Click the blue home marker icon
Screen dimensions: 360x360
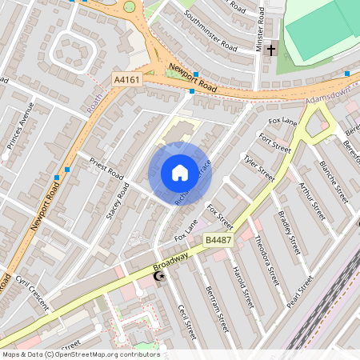[180, 173]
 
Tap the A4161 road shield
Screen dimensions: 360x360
[126, 80]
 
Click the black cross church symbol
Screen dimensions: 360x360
[271, 50]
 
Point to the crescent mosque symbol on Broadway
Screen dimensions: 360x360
[158, 277]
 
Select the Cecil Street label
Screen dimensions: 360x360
[186, 321]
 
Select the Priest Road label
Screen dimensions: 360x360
[106, 167]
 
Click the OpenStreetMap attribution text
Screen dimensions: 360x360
[80, 354]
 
